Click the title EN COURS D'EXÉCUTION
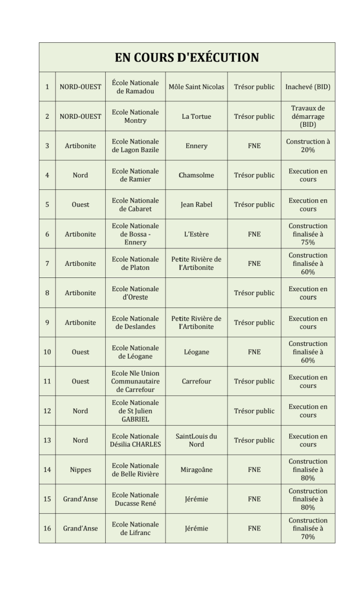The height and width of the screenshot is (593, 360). pyautogui.click(x=186, y=57)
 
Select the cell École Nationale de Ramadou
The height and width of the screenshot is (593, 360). pyautogui.click(x=135, y=87)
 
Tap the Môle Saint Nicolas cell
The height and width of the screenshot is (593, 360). pyautogui.click(x=196, y=87)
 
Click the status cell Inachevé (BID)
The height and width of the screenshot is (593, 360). pyautogui.click(x=308, y=87)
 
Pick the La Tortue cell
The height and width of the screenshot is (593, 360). pyautogui.click(x=196, y=116)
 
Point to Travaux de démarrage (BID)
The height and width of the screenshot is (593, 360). pyautogui.click(x=308, y=116)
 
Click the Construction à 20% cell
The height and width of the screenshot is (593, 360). pyautogui.click(x=308, y=146)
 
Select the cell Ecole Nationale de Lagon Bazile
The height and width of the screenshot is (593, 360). pyautogui.click(x=135, y=146)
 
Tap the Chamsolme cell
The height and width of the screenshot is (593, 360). pyautogui.click(x=196, y=175)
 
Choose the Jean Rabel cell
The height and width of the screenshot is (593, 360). pyautogui.click(x=196, y=204)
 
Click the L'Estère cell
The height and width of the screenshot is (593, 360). pyautogui.click(x=196, y=234)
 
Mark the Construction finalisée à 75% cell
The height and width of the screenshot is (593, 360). pyautogui.click(x=308, y=234)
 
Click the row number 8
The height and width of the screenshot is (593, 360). pyautogui.click(x=47, y=293)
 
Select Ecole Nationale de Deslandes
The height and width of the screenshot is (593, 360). pyautogui.click(x=135, y=323)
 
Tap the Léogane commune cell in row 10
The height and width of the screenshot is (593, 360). pyautogui.click(x=196, y=352)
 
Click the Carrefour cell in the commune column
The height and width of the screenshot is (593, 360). pyautogui.click(x=196, y=382)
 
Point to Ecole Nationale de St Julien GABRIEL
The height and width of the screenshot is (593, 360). pyautogui.click(x=135, y=411)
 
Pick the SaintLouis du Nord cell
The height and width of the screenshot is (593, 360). pyautogui.click(x=196, y=440)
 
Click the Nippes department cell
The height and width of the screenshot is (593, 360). pyautogui.click(x=80, y=470)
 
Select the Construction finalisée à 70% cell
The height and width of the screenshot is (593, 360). pyautogui.click(x=308, y=528)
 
